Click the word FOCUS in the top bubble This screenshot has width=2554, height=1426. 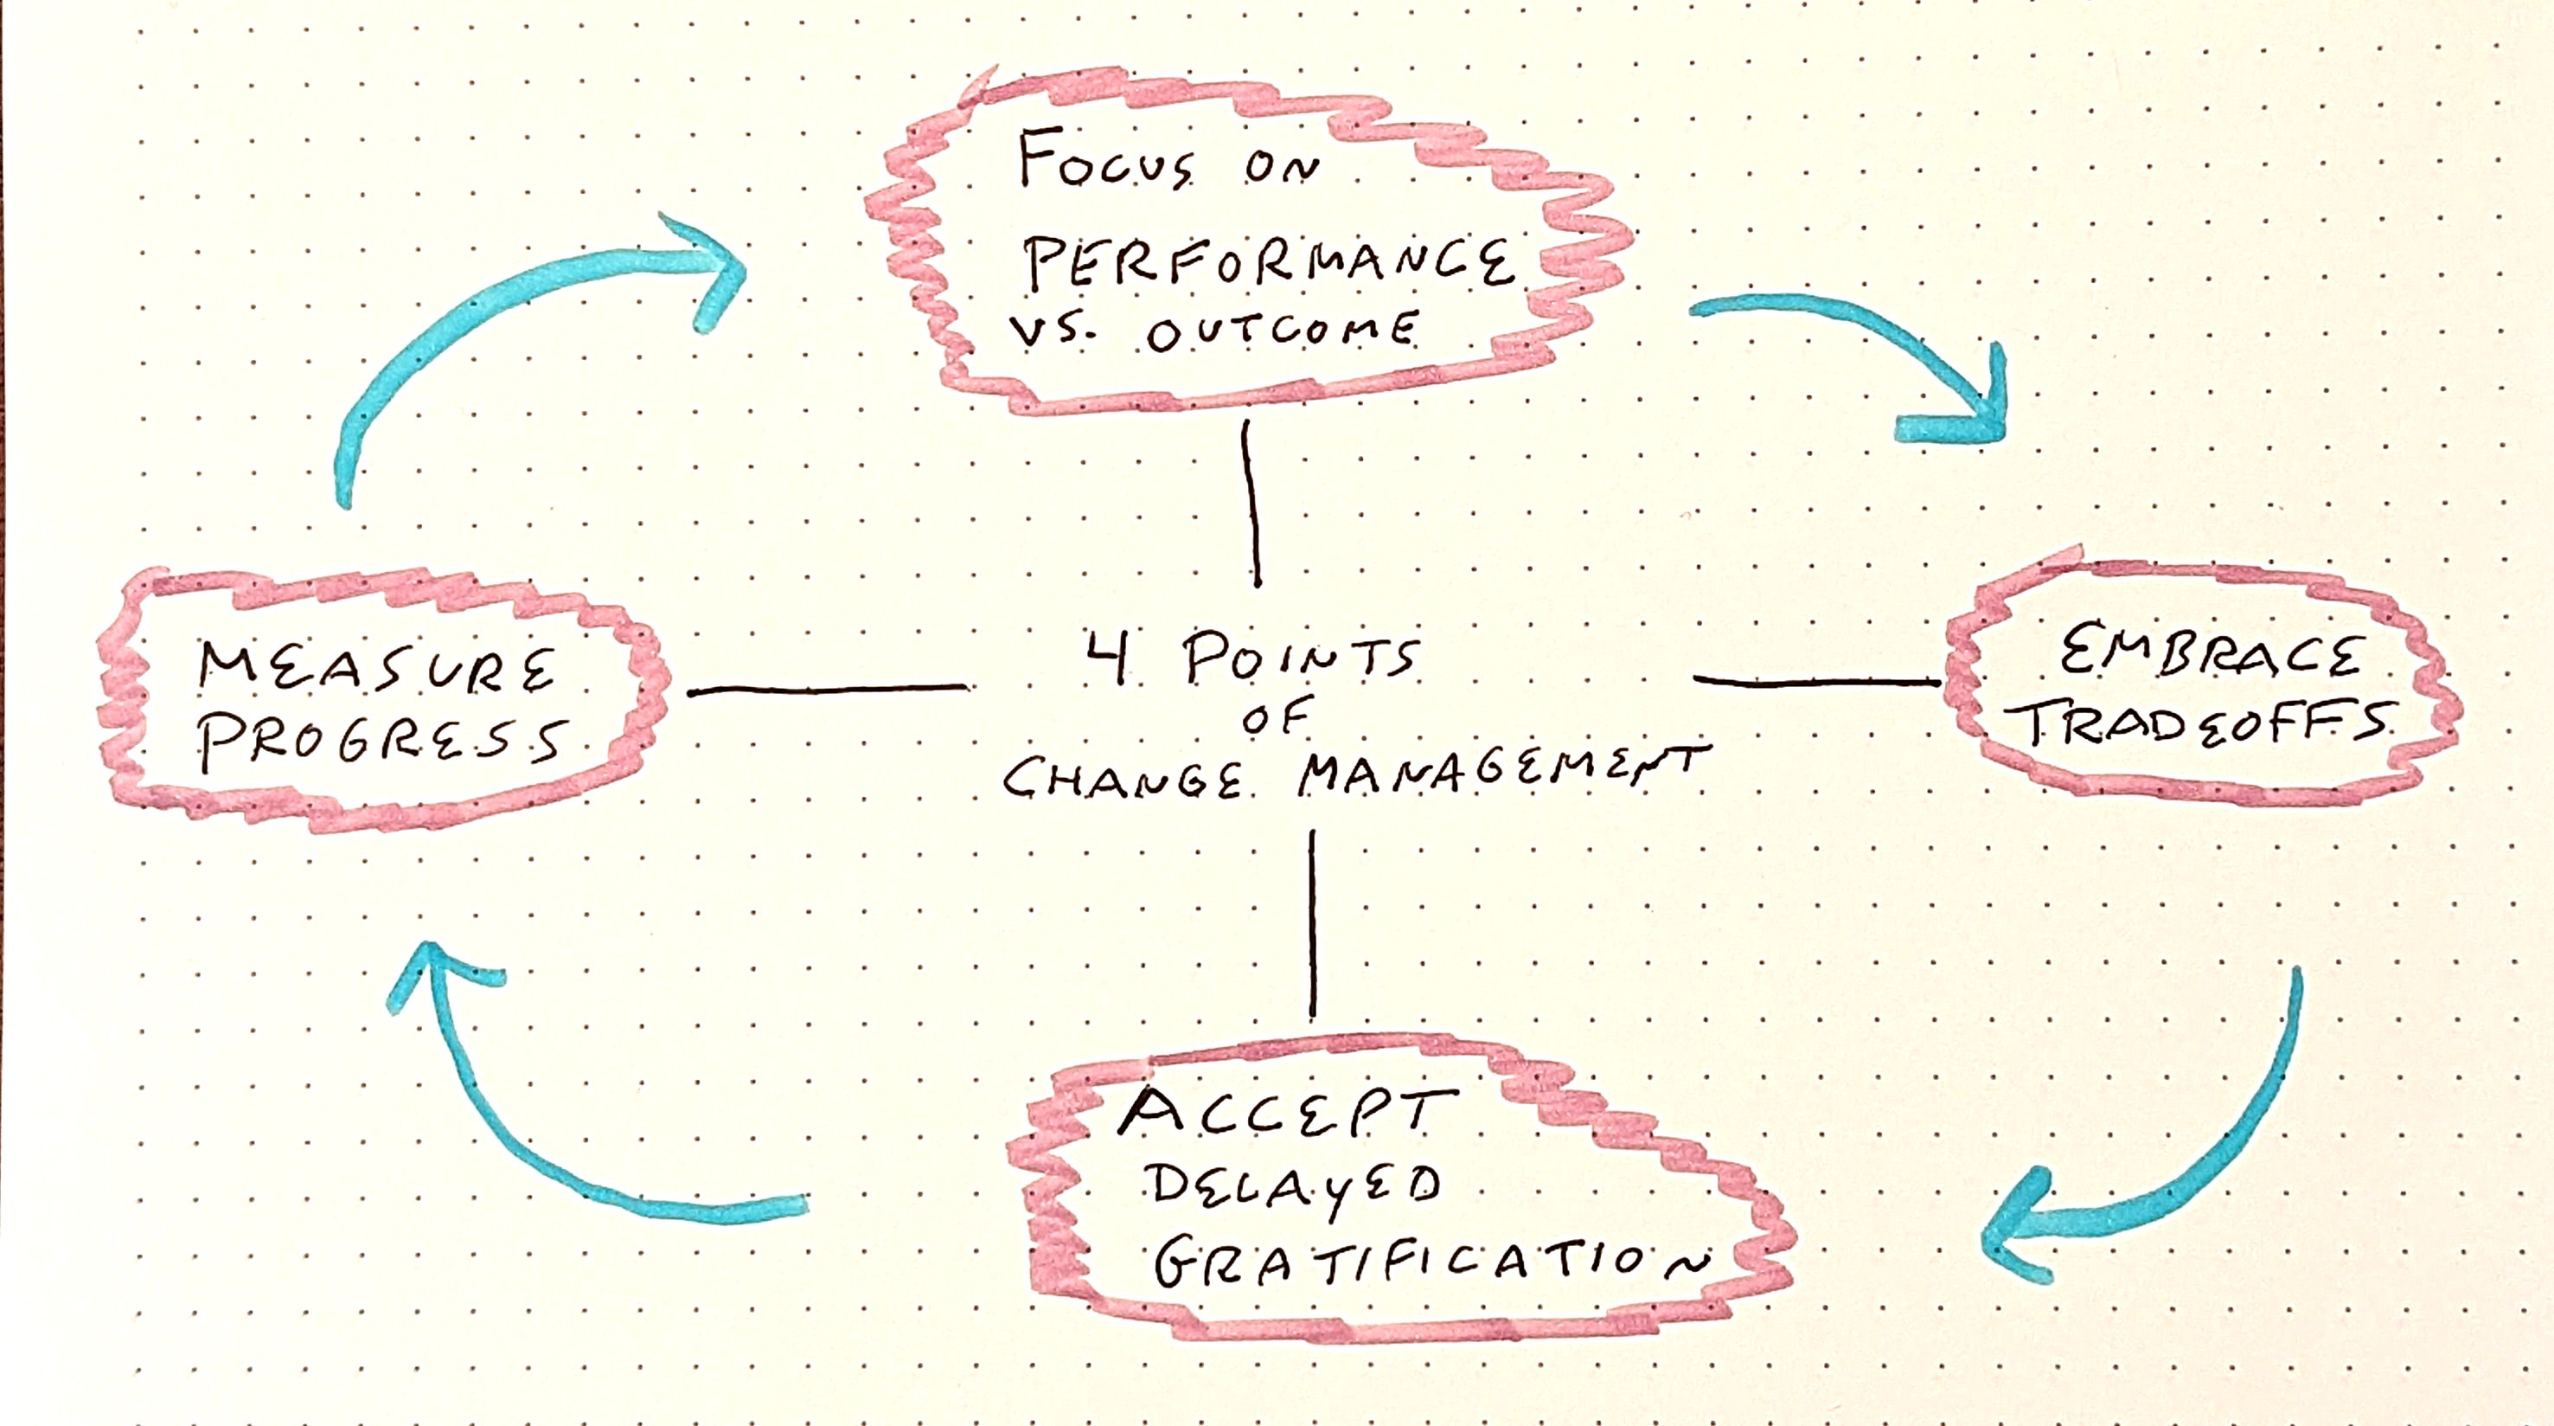point(1106,164)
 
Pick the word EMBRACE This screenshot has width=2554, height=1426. point(2210,657)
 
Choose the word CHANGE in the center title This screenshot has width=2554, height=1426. point(1123,777)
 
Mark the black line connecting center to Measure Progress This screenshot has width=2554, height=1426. point(829,689)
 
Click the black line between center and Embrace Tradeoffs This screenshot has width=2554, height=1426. point(1817,681)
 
